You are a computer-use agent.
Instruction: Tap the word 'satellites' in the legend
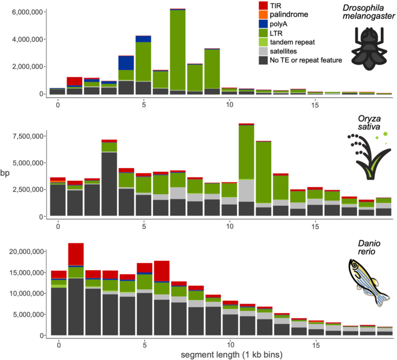[x=281, y=52]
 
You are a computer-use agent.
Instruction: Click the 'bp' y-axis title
[x=5, y=173]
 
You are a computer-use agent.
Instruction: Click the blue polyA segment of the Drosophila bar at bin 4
[x=126, y=63]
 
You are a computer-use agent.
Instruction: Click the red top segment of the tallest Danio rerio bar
[x=76, y=253]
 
